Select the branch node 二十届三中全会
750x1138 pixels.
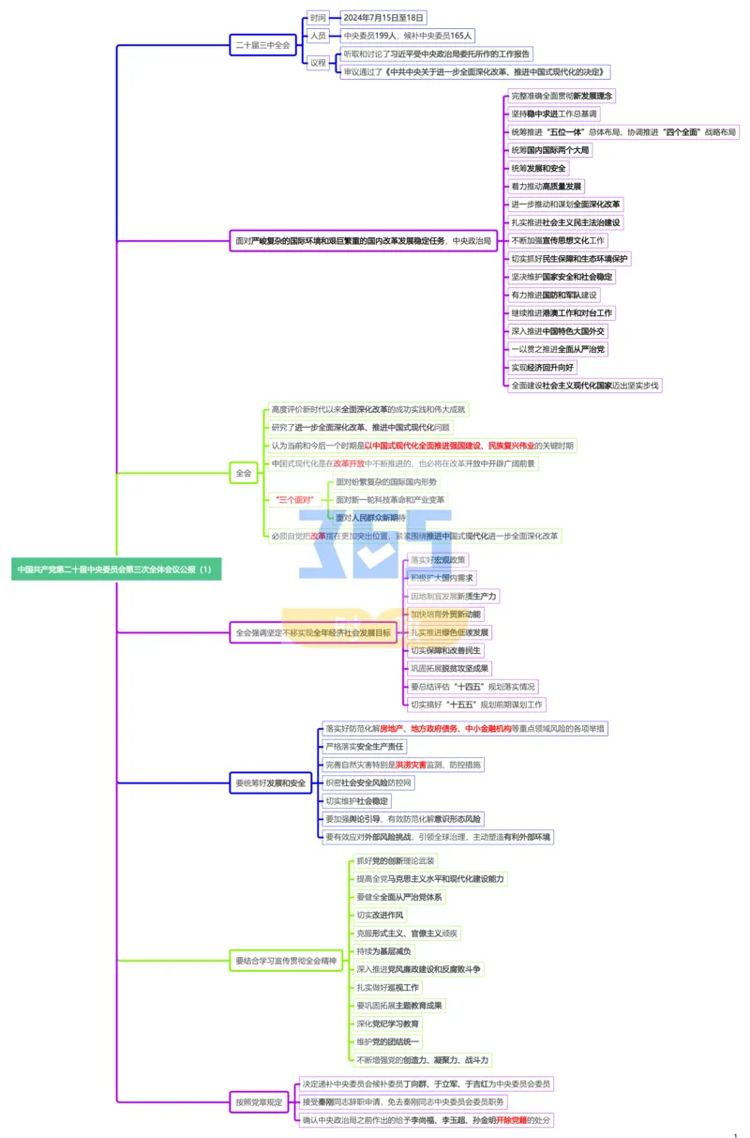pyautogui.click(x=262, y=44)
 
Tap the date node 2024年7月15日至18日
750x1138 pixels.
pyautogui.click(x=382, y=18)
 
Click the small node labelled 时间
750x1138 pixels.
pyautogui.click(x=318, y=18)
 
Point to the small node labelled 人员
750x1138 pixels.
pyautogui.click(x=318, y=36)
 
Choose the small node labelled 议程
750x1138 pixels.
pyautogui.click(x=318, y=63)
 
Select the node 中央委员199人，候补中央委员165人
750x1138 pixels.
pyautogui.click(x=407, y=36)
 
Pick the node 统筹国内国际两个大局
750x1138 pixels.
pyautogui.click(x=550, y=150)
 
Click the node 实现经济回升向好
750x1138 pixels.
pyautogui.click(x=542, y=367)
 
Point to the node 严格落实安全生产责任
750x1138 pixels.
pyautogui.click(x=364, y=747)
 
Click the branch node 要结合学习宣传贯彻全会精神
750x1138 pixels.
pyautogui.click(x=285, y=961)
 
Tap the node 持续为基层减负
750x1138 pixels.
pyautogui.click(x=383, y=951)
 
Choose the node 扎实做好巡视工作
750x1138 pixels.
pyautogui.click(x=387, y=988)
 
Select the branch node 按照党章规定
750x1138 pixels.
pyautogui.click(x=259, y=1102)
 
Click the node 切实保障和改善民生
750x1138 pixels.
pyautogui.click(x=445, y=650)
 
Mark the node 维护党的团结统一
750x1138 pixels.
pyautogui.click(x=388, y=1041)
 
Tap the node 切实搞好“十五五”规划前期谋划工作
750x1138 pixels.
pyautogui.click(x=476, y=705)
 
